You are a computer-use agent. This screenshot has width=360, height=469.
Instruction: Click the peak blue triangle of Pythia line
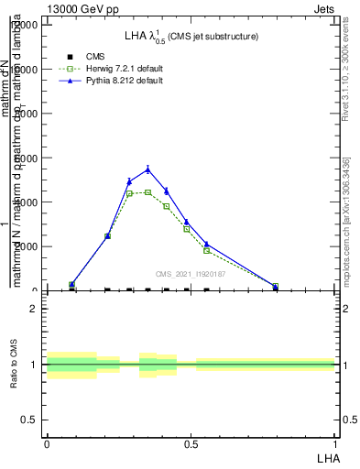[147, 169]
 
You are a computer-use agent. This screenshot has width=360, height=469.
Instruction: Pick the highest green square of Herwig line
[147, 192]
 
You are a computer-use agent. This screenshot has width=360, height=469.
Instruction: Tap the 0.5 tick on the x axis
[191, 443]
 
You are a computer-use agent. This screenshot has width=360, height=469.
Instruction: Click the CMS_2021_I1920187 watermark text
[190, 274]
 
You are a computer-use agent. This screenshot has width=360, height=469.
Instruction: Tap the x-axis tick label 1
[335, 443]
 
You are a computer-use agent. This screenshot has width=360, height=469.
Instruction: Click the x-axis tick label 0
[47, 443]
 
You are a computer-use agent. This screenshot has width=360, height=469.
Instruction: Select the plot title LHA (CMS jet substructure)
[191, 37]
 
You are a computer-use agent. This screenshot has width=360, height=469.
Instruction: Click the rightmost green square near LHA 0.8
[276, 287]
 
